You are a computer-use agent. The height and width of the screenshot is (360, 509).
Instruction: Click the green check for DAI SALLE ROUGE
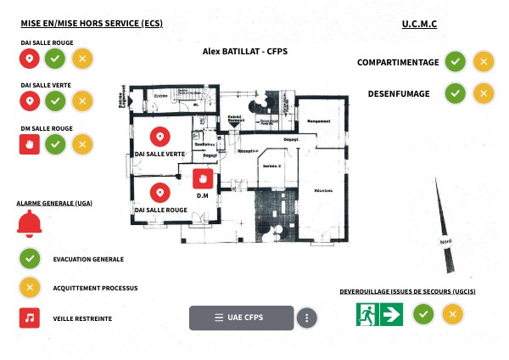(x=55, y=59)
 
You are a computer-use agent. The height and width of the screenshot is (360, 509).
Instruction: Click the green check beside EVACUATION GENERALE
(x=30, y=258)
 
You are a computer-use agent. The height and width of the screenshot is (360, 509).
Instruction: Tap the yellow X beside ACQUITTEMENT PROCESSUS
(x=30, y=287)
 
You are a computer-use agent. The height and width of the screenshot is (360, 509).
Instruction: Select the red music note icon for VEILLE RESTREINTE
(x=30, y=318)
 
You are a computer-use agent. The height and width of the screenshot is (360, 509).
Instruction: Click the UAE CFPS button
(x=241, y=318)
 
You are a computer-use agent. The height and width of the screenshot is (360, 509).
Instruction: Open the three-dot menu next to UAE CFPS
(x=307, y=318)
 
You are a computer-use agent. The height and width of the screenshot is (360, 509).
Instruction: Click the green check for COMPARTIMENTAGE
(x=456, y=62)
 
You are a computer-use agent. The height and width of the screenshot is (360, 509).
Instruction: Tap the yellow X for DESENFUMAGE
(x=483, y=93)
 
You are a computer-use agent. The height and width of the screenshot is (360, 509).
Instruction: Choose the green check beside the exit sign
(x=424, y=315)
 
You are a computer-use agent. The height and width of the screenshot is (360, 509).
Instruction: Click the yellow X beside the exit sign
(x=453, y=315)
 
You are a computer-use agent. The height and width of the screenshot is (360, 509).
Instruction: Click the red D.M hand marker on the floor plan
(x=203, y=179)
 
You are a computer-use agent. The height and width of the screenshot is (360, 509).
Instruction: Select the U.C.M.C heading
(x=419, y=24)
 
